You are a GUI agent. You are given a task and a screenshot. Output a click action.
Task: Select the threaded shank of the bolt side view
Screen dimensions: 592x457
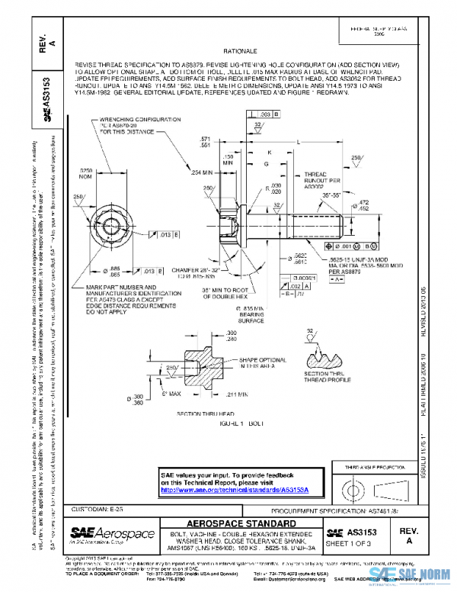(x=315, y=227)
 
